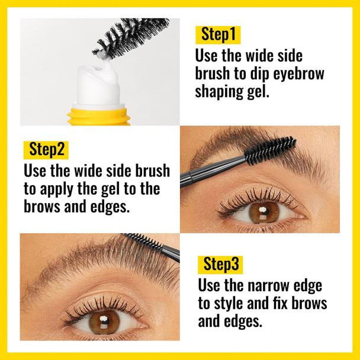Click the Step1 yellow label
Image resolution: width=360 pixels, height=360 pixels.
pos(218,34)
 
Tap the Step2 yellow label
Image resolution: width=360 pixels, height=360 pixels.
pos(45,149)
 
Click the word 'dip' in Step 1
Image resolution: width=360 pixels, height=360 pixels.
pos(250,74)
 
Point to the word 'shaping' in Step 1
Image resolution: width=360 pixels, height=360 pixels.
pos(219,93)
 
